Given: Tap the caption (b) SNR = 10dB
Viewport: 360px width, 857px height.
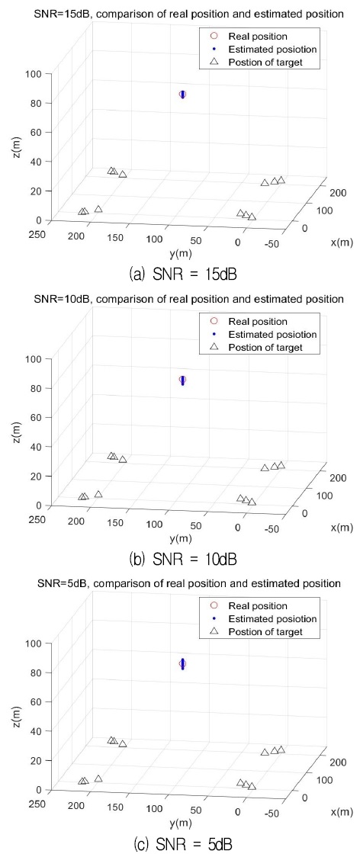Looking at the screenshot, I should click(x=181, y=558).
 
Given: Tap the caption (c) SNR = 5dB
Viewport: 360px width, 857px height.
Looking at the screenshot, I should click(x=181, y=843).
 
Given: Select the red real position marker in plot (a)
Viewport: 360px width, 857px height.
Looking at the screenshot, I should click(x=182, y=94).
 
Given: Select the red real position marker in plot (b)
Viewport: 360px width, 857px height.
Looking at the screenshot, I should click(x=182, y=379).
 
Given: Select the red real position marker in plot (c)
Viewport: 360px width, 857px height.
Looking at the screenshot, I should click(x=182, y=664).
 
